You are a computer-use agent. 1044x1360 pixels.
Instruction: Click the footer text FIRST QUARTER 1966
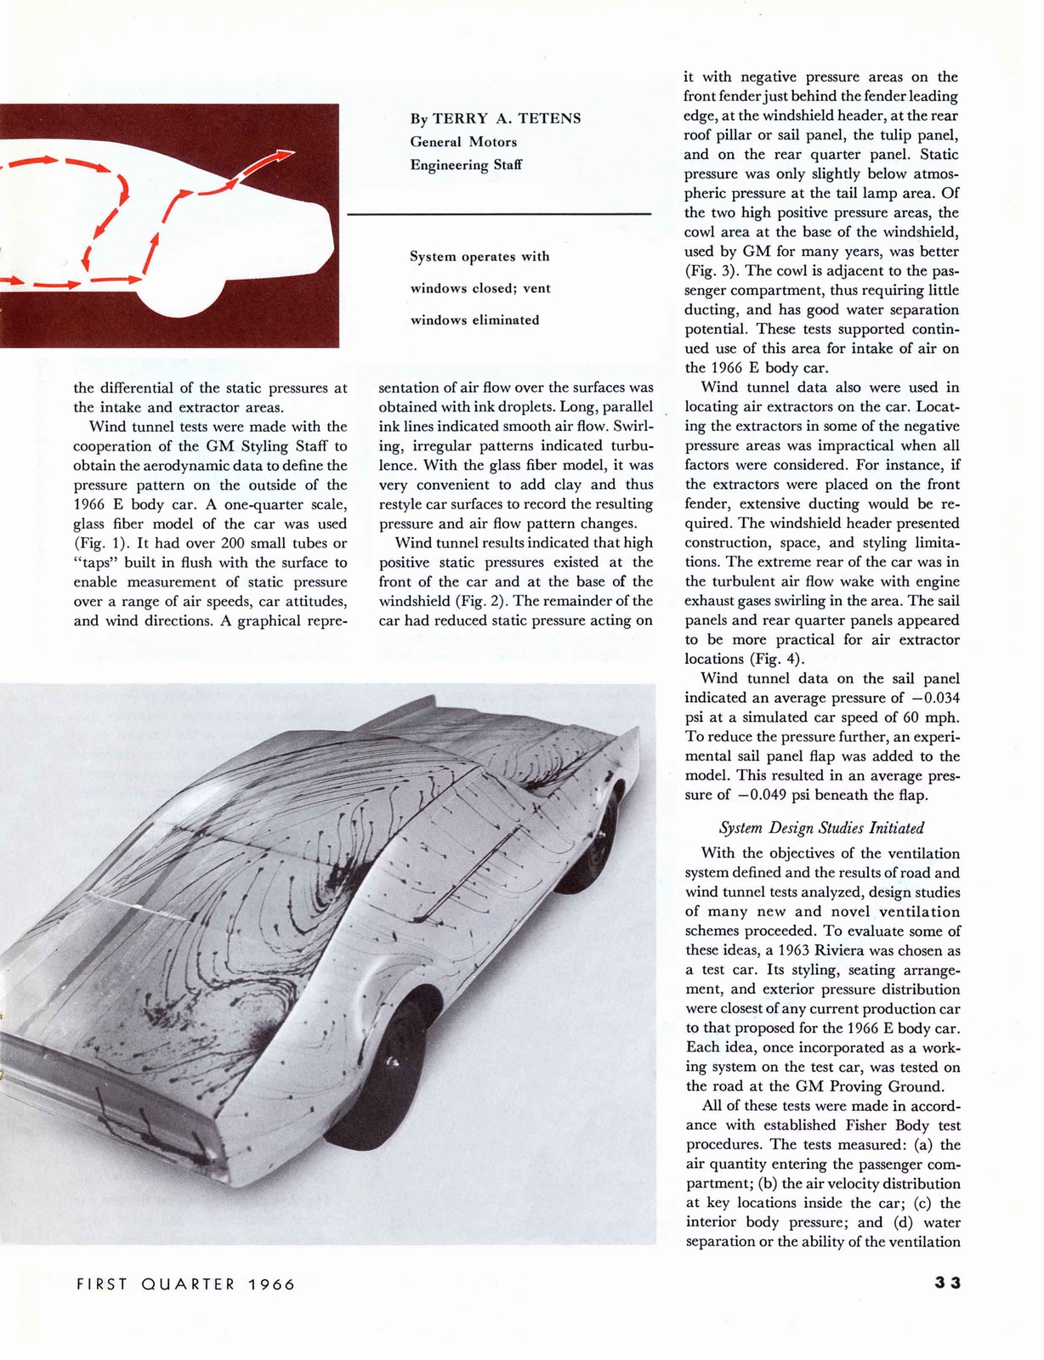coord(186,1284)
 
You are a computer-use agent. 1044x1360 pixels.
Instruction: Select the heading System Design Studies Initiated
coord(821,828)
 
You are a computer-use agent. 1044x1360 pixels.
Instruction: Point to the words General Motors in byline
coord(463,142)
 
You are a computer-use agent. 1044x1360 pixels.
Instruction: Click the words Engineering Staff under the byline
coord(466,165)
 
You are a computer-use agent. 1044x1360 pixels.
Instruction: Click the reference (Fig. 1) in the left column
coord(99,543)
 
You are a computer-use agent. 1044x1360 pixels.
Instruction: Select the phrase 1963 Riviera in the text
coord(830,951)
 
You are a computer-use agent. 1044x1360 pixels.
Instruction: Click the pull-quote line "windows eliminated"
coord(474,320)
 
